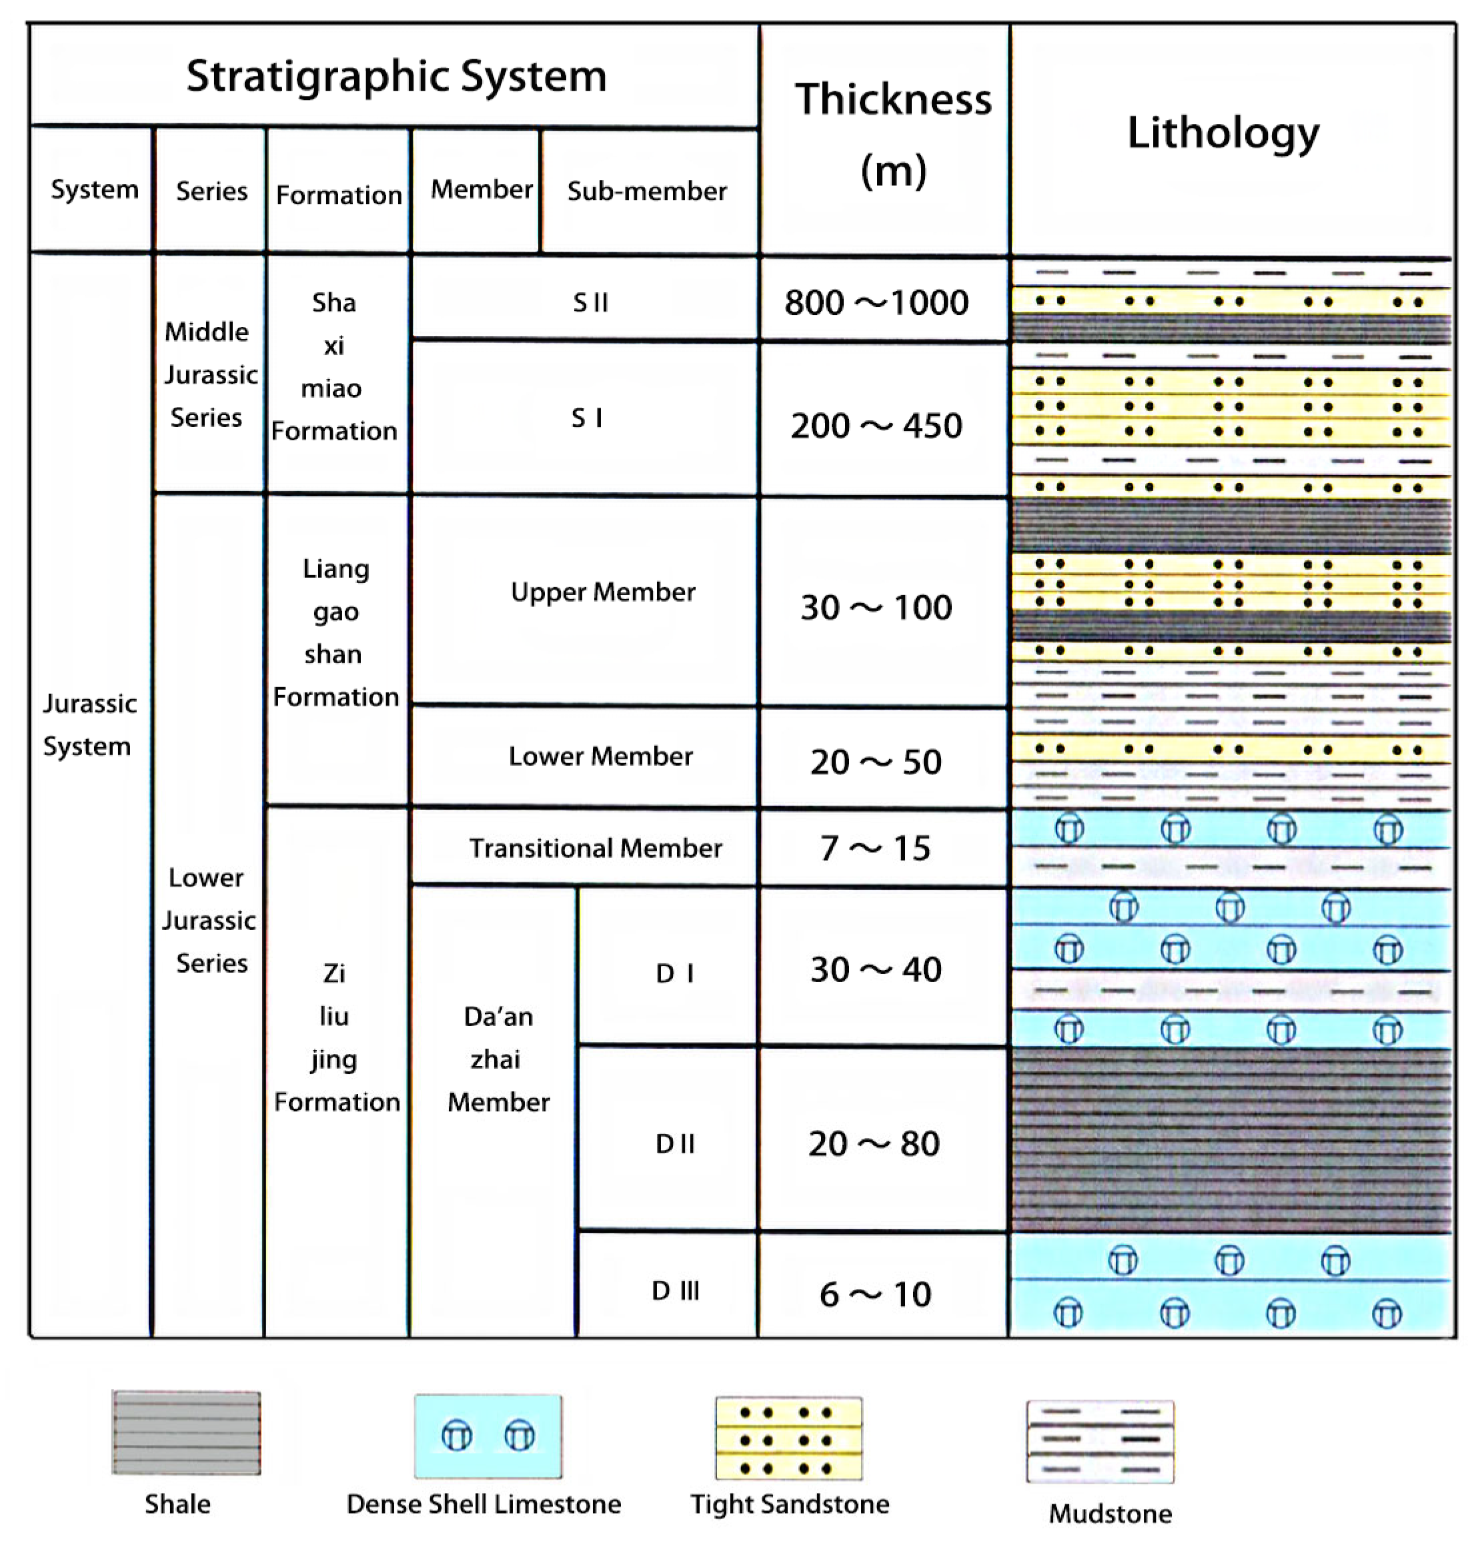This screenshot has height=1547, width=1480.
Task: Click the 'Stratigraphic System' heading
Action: click(x=396, y=77)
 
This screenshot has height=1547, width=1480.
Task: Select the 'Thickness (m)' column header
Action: click(x=892, y=134)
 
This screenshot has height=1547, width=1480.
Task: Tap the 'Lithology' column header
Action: click(x=1223, y=133)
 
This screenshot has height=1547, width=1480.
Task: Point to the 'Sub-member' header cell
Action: click(x=647, y=191)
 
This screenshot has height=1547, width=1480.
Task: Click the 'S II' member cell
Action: click(x=590, y=302)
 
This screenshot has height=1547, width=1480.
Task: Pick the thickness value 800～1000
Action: click(x=876, y=302)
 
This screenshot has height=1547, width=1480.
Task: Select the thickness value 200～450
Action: click(x=876, y=426)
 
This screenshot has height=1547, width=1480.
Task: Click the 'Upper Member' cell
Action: click(x=603, y=592)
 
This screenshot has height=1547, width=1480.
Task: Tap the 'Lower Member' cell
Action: click(x=600, y=756)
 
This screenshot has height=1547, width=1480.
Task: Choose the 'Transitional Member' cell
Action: click(x=596, y=848)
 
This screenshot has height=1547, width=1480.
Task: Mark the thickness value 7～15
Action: click(x=875, y=849)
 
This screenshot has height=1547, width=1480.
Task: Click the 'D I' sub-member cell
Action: click(x=676, y=973)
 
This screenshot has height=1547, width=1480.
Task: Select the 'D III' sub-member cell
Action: click(x=676, y=1291)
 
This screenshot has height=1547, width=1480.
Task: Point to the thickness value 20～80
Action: click(x=874, y=1144)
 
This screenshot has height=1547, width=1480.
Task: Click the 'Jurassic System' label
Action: click(x=89, y=725)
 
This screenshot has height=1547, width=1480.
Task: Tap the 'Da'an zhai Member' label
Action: click(x=498, y=1059)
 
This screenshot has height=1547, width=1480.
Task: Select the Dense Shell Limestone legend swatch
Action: click(x=488, y=1436)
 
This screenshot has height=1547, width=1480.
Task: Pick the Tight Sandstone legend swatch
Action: click(x=788, y=1438)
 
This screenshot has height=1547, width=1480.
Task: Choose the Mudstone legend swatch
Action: click(x=1100, y=1442)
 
